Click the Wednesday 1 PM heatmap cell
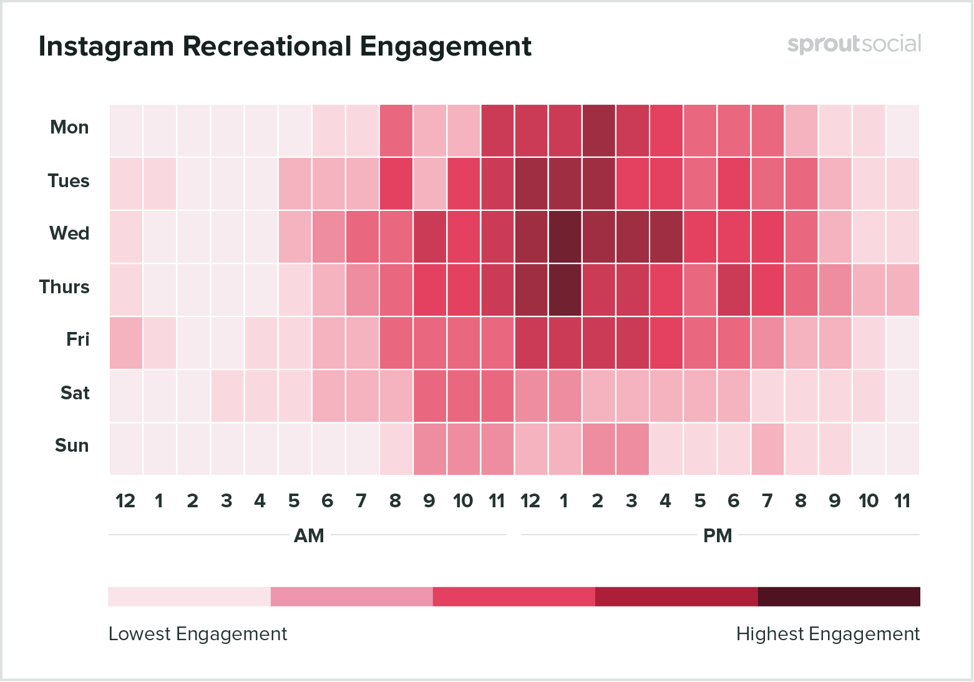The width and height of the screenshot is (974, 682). pos(565,236)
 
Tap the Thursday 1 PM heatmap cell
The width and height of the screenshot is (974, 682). pos(565,290)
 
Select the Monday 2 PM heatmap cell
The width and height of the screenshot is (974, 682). pos(598,130)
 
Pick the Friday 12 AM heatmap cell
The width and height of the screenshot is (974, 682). pos(126,343)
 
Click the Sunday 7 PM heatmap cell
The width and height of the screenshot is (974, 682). pos(767,449)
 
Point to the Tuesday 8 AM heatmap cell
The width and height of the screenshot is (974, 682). pos(396,183)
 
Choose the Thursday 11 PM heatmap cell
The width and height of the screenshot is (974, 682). pos(902,290)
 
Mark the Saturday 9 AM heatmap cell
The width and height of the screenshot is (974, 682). pos(430,396)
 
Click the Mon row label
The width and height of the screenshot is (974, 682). pos(69,127)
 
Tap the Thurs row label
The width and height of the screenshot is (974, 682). pos(64,287)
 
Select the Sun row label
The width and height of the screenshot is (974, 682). pos(72,446)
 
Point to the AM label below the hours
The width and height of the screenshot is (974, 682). pos(309,535)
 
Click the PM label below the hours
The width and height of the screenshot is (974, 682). pos(718,535)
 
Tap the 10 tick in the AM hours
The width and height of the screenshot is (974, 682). pos(463,501)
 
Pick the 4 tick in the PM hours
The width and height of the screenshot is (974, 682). pos(665,501)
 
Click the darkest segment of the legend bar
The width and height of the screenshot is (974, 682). pos(839,597)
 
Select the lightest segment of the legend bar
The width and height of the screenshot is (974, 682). pos(189,597)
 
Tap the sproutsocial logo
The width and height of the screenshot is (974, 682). pos(854,44)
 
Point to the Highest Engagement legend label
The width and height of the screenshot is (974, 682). pos(827,634)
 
